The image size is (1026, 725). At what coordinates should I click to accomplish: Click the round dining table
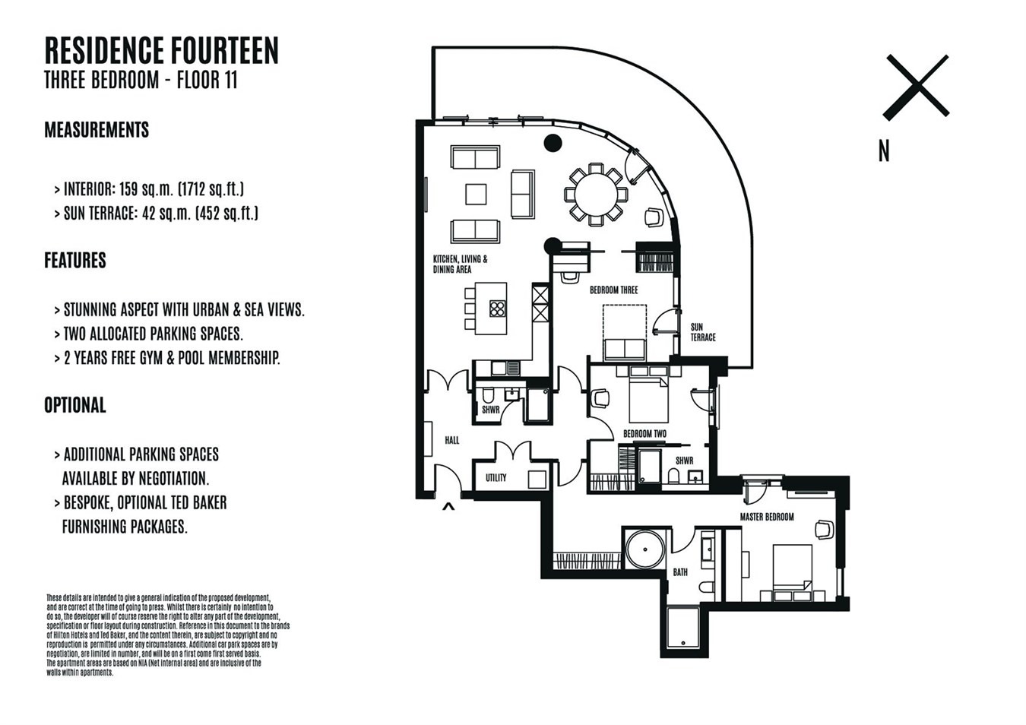(596, 195)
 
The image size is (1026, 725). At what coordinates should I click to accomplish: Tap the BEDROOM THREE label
(613, 290)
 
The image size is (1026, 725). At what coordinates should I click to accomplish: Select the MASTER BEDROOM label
(767, 517)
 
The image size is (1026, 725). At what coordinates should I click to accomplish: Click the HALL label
(451, 440)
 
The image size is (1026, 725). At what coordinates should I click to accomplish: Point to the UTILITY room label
(496, 478)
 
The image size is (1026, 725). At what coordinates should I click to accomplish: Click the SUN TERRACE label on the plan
(703, 332)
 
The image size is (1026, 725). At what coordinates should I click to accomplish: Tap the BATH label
(680, 572)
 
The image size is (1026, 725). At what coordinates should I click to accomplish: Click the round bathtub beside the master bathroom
(645, 549)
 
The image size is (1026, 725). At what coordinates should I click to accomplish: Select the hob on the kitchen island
(497, 309)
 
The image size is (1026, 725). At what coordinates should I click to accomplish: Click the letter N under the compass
(884, 151)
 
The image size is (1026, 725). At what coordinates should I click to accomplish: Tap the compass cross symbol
(916, 87)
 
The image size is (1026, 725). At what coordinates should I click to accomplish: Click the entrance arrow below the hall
(448, 506)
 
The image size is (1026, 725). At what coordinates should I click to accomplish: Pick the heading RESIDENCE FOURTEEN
(162, 50)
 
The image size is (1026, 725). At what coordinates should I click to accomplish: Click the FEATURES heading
(75, 260)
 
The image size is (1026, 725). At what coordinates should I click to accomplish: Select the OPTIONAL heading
(75, 405)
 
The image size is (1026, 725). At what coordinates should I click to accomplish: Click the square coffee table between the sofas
(476, 195)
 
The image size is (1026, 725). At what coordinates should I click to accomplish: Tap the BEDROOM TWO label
(644, 434)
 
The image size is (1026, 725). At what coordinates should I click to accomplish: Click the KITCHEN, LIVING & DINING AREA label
(460, 264)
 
